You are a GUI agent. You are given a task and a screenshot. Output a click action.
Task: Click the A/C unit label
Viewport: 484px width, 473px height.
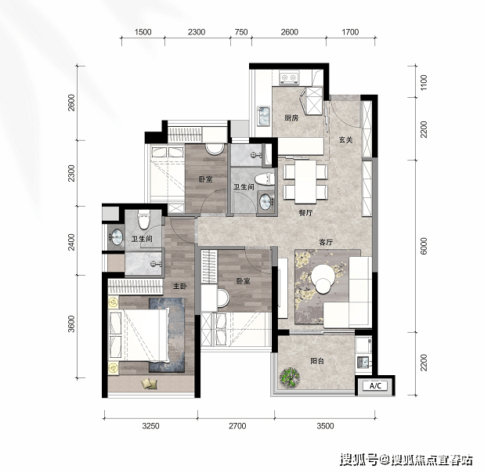(x=375, y=385)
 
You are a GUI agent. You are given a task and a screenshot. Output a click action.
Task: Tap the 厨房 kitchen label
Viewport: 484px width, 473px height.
(x=291, y=117)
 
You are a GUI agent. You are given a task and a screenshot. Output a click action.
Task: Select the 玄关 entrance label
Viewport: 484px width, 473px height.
(x=345, y=140)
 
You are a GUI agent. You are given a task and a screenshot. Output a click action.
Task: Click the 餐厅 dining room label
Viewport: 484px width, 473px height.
(x=306, y=212)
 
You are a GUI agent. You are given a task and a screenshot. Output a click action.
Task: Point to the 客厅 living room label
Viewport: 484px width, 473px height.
(x=326, y=242)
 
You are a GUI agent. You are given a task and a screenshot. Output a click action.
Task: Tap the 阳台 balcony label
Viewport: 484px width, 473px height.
(x=317, y=360)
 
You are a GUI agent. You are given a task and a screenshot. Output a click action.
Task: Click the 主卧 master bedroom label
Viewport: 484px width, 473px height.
(x=180, y=286)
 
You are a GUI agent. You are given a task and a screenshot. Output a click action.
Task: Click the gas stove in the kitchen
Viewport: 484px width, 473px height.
(x=289, y=78)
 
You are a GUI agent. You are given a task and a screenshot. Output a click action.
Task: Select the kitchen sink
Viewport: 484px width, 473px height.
(x=264, y=116)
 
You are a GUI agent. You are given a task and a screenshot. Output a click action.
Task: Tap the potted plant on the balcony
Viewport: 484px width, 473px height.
(x=290, y=377)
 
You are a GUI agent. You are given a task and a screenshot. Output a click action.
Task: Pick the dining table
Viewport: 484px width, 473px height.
(x=305, y=182)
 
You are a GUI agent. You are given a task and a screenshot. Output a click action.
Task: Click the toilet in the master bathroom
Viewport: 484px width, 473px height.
(x=143, y=219)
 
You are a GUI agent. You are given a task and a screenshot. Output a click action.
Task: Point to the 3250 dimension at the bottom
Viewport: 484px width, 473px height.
(x=150, y=426)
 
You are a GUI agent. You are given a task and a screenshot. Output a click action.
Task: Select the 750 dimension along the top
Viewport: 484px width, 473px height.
(x=241, y=32)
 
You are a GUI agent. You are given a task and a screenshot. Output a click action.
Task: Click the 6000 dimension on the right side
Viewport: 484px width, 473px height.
(x=424, y=246)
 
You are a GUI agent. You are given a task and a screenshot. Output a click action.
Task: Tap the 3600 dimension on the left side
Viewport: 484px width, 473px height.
(x=71, y=324)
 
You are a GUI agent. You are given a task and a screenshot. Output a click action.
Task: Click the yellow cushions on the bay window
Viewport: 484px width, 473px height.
(x=149, y=384)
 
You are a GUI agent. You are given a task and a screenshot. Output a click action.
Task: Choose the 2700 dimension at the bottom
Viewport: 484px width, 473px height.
(x=237, y=426)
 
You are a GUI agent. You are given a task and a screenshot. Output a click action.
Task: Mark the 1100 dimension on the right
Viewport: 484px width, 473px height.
(x=424, y=82)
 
